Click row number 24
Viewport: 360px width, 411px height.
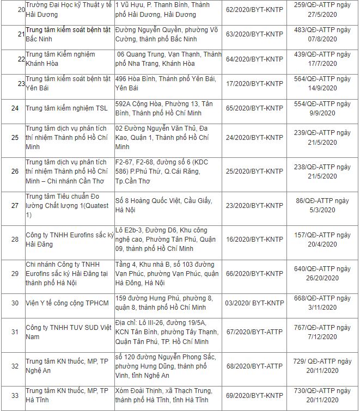tap(15, 108)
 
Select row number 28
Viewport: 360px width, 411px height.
tap(15, 238)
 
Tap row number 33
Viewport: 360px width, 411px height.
tap(15, 395)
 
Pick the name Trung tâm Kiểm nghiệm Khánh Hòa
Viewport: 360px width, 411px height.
tap(60, 59)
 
